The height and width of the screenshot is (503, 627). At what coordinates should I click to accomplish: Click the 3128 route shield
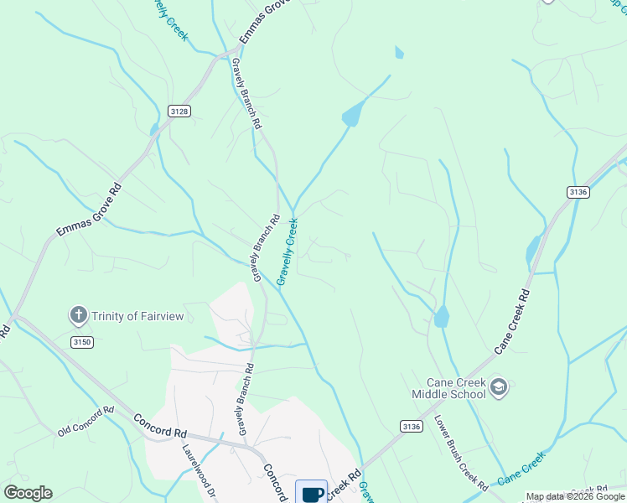(179, 111)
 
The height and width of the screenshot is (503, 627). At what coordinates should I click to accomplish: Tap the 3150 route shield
(81, 342)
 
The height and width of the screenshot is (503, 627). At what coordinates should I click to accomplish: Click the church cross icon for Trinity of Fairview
(78, 315)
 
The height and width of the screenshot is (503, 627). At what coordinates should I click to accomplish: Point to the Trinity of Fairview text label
(137, 316)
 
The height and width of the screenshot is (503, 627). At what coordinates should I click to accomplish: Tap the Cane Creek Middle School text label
(448, 388)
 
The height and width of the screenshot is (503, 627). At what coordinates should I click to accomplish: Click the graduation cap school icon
(498, 386)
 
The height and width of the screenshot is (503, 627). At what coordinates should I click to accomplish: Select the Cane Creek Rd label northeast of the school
(512, 322)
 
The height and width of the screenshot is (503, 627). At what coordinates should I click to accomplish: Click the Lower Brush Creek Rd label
(460, 454)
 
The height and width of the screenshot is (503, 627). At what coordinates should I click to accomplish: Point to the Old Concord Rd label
(85, 422)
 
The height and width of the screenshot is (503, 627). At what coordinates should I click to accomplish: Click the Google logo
(28, 493)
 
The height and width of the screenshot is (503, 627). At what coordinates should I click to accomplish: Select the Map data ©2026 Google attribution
(575, 496)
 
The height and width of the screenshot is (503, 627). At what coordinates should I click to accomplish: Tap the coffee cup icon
(312, 493)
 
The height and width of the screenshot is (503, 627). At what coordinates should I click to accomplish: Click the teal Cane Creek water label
(521, 469)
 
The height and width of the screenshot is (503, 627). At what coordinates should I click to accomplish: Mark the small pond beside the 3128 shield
(153, 129)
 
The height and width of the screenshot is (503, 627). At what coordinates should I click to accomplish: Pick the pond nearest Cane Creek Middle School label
(441, 317)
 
